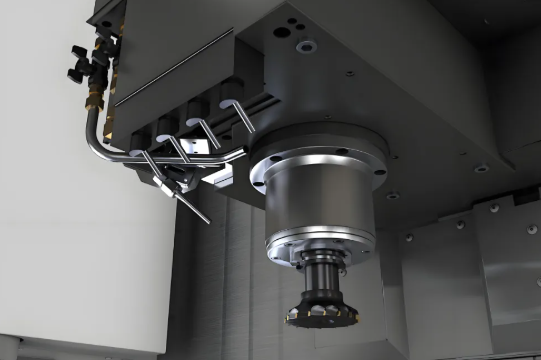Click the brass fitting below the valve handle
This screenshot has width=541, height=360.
(96, 91)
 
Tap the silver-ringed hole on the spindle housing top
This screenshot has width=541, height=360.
(307, 46)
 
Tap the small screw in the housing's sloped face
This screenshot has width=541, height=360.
(349, 74)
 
